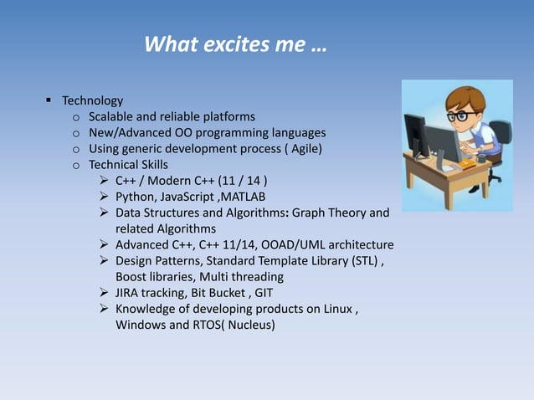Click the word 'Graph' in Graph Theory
(x=310, y=213)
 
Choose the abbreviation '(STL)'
(x=365, y=260)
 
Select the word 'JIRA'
(x=130, y=292)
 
